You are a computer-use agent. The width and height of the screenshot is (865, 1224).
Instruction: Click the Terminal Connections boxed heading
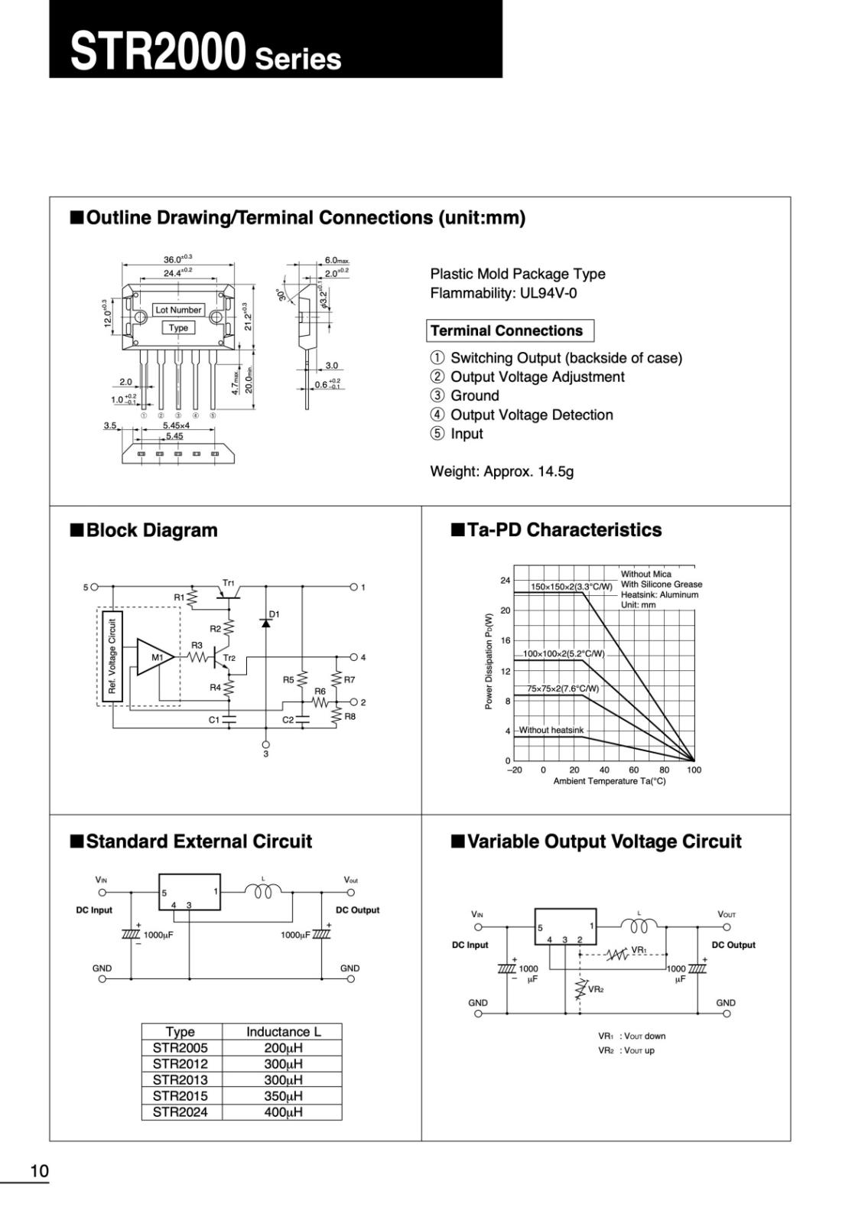coord(507,330)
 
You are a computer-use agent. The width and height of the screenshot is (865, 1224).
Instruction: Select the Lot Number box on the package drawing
coord(178,310)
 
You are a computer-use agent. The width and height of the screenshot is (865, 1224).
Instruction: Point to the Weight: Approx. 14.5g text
coord(502,471)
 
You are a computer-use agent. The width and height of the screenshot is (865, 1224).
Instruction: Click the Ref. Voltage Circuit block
coord(112,656)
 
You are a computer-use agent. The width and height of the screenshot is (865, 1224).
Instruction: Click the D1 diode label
coord(275,614)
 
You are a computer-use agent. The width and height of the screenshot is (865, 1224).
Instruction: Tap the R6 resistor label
coord(320,691)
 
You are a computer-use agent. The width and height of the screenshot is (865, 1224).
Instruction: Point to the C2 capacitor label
coord(288,720)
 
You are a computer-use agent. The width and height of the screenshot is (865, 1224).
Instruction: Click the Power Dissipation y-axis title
coord(489,661)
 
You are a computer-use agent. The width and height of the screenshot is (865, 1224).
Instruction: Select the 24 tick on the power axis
coord(505,581)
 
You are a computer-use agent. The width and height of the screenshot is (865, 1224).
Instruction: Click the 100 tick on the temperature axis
coord(694,770)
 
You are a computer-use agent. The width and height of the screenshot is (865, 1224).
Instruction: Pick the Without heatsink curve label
coord(551,730)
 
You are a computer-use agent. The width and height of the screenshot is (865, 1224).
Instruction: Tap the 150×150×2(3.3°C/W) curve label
coord(571,587)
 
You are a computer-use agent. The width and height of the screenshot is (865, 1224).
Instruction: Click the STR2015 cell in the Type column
coord(180,1095)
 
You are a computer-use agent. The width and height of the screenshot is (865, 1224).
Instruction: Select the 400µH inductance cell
coord(283,1112)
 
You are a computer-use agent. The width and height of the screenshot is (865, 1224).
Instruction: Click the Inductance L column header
coord(283,1031)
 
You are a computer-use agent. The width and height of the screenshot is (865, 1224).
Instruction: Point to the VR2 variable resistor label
coord(596,989)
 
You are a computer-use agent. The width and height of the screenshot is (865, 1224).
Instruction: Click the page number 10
coord(39,1170)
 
